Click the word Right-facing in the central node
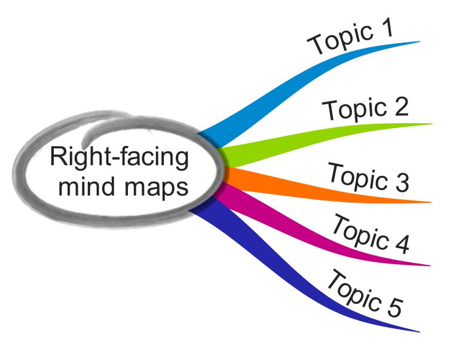coord(119,158)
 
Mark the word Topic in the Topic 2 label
coord(354,110)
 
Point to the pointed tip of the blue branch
coord(419,41)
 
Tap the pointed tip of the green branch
coord(431,124)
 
